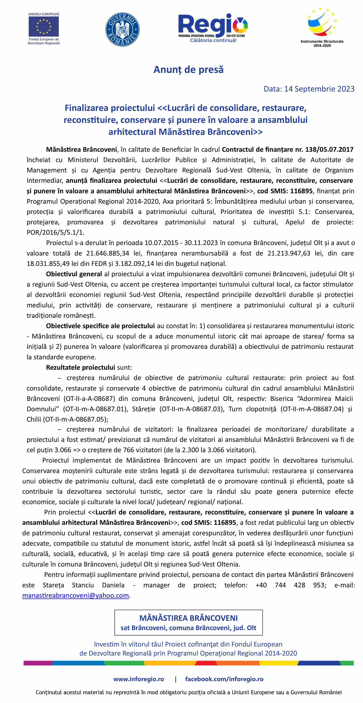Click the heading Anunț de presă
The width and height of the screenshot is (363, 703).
188,70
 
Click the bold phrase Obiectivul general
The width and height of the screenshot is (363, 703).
74,274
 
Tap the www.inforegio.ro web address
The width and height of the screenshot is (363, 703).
139,679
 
